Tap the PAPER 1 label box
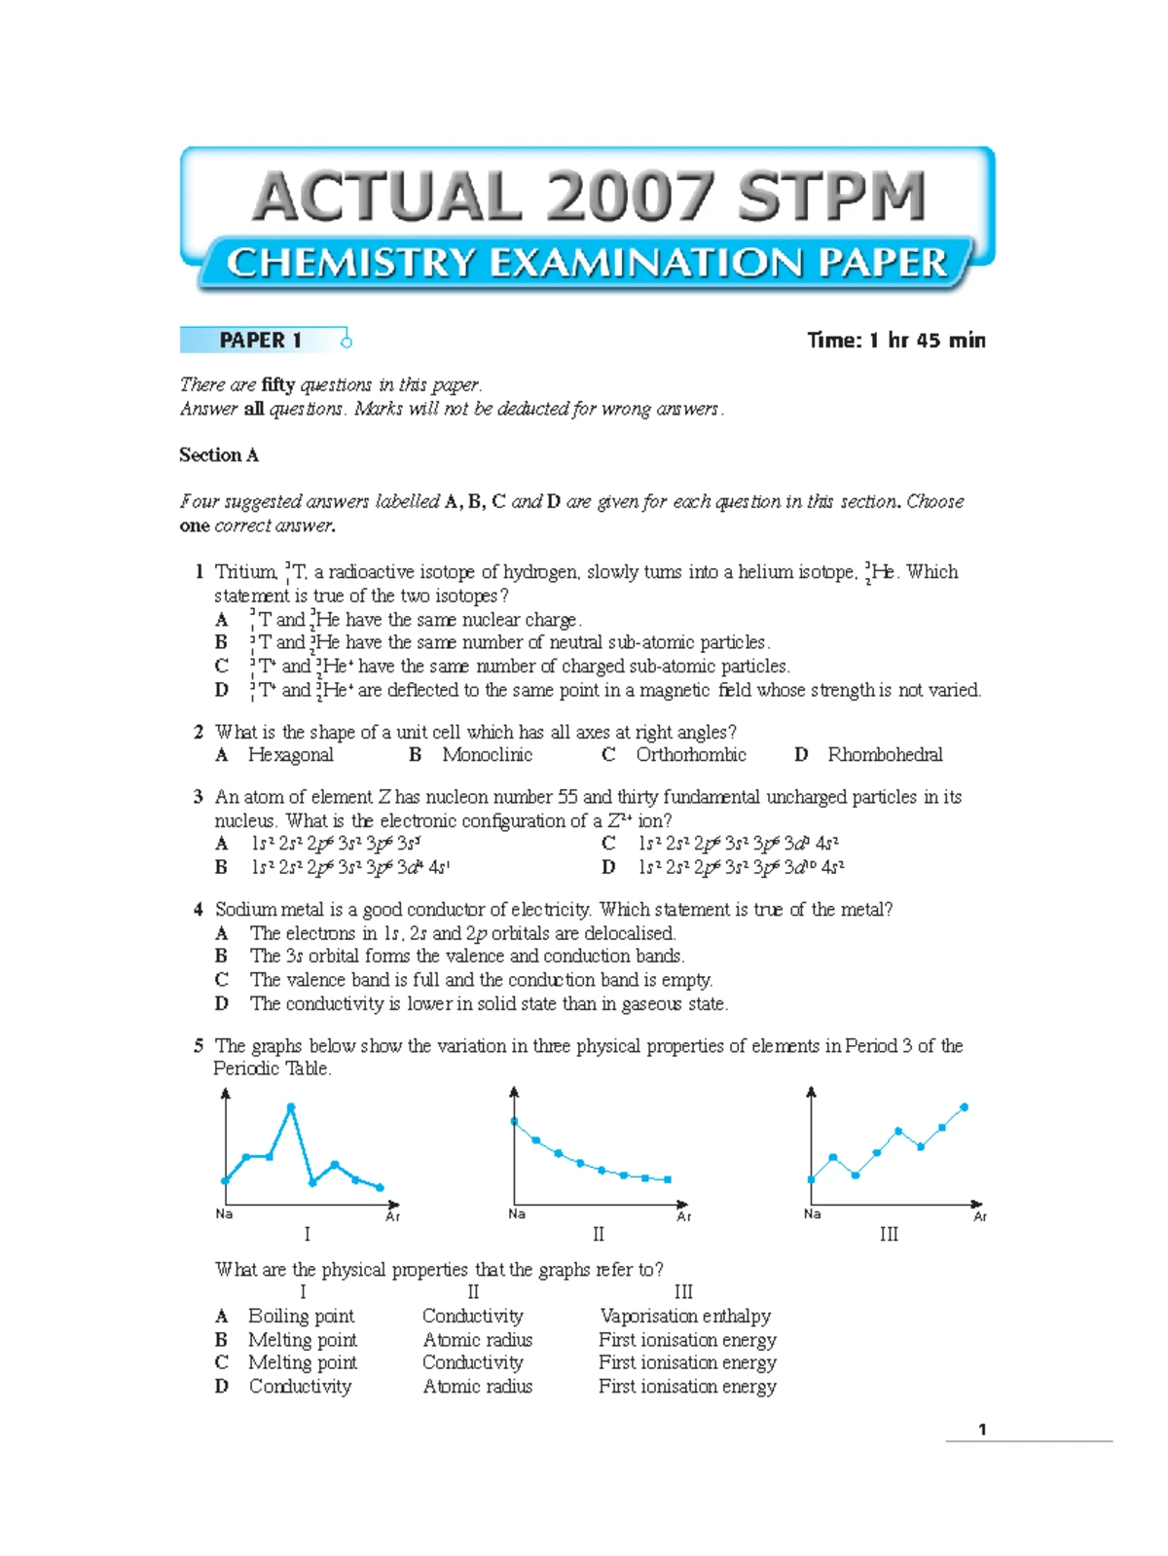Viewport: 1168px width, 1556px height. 261,340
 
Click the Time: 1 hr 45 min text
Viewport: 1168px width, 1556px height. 895,340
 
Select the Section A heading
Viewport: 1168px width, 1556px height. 219,454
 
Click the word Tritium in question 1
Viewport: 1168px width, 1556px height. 245,571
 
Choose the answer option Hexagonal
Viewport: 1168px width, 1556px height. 290,755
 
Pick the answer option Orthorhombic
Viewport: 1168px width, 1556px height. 691,755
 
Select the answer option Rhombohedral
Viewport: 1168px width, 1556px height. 885,755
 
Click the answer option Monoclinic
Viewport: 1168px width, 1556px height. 487,755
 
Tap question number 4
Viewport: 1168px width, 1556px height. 199,909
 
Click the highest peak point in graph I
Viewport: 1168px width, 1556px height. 290,1107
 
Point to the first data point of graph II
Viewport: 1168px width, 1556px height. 515,1122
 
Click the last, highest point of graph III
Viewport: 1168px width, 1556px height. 965,1107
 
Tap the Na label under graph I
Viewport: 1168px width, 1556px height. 224,1213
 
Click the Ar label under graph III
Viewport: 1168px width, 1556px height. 980,1216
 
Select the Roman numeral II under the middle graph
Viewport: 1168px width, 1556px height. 598,1234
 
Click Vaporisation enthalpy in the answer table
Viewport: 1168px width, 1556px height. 685,1317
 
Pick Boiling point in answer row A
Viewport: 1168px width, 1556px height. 301,1317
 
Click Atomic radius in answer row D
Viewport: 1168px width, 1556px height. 477,1387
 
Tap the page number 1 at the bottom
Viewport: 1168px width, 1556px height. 982,1429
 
